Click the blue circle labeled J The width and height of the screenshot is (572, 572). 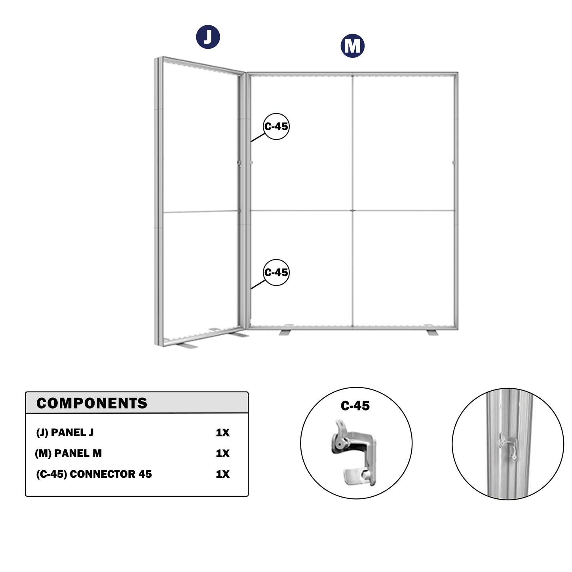[208, 37]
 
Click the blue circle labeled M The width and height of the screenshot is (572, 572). [352, 46]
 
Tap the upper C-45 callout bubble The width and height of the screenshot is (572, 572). [276, 126]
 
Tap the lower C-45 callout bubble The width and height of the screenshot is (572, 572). [276, 272]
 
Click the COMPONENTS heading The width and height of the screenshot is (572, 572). [92, 403]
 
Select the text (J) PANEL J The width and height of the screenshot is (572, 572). [65, 433]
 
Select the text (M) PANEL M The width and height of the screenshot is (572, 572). [68, 453]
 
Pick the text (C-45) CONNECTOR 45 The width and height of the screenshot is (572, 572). [94, 474]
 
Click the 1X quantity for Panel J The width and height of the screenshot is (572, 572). [222, 433]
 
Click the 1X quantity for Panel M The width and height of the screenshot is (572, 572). [222, 453]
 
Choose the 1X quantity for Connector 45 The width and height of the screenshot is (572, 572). [222, 474]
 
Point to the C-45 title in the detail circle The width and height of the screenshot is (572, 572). [355, 406]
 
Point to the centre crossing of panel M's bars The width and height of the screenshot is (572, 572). [352, 211]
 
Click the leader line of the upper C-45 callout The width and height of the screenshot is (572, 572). [258, 138]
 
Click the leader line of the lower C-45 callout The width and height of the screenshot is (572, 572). [258, 284]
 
